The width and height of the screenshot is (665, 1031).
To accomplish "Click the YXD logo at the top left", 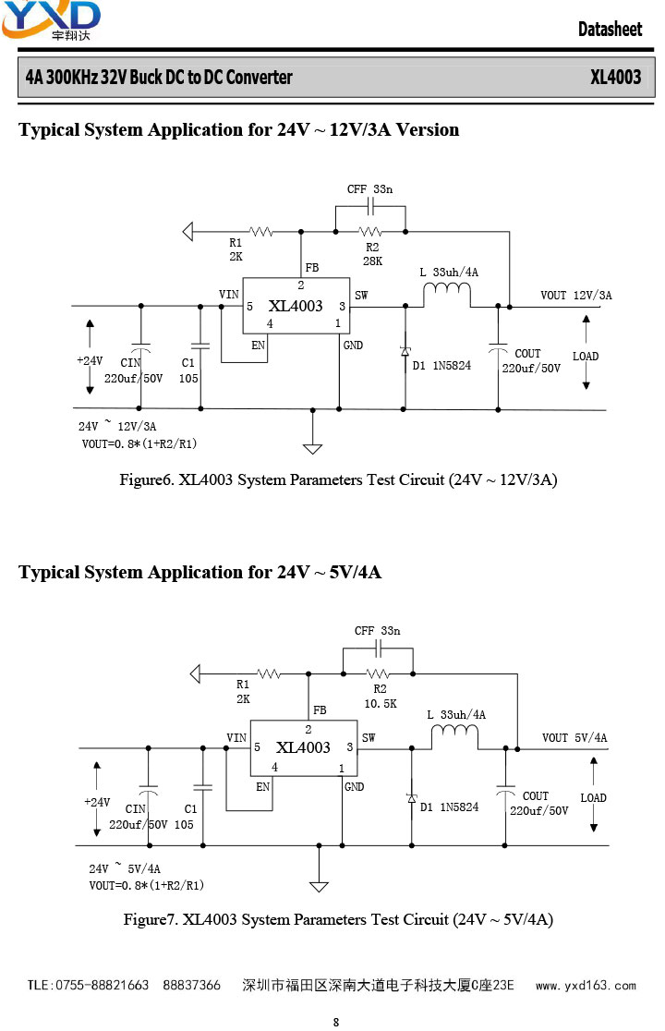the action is pyautogui.click(x=51, y=19).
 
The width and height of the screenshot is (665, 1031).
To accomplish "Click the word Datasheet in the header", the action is pyautogui.click(x=610, y=29).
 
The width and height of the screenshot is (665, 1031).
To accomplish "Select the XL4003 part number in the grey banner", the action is pyautogui.click(x=615, y=77).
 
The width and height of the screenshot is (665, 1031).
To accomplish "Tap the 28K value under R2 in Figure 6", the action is pyautogui.click(x=372, y=261).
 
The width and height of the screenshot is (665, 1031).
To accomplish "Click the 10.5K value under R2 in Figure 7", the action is pyautogui.click(x=381, y=704).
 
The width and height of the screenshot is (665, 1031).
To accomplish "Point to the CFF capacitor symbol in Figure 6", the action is pyautogui.click(x=370, y=207).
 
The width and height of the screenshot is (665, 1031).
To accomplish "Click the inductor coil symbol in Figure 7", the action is pyautogui.click(x=454, y=731).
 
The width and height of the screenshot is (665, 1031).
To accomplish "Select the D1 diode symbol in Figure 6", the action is pyautogui.click(x=405, y=352).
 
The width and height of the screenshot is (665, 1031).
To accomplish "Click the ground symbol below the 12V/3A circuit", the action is pyautogui.click(x=313, y=448).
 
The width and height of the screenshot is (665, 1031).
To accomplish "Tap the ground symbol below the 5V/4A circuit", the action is pyautogui.click(x=319, y=886).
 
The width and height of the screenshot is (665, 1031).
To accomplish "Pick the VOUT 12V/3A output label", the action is pyautogui.click(x=576, y=296).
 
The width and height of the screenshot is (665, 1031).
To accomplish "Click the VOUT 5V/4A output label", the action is pyautogui.click(x=575, y=738).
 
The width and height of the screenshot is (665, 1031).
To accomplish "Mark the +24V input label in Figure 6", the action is pyautogui.click(x=90, y=360).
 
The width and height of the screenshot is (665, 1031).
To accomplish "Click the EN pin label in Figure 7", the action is pyautogui.click(x=263, y=786).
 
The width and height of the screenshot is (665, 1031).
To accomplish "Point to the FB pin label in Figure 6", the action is pyautogui.click(x=312, y=268).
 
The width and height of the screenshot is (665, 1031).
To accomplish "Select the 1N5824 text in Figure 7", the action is pyautogui.click(x=459, y=807).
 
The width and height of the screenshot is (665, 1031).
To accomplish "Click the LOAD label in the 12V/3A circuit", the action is pyautogui.click(x=586, y=357).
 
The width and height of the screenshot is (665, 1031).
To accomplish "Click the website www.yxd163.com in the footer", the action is pyautogui.click(x=586, y=986).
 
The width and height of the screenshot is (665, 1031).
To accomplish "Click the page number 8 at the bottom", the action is pyautogui.click(x=336, y=1022).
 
